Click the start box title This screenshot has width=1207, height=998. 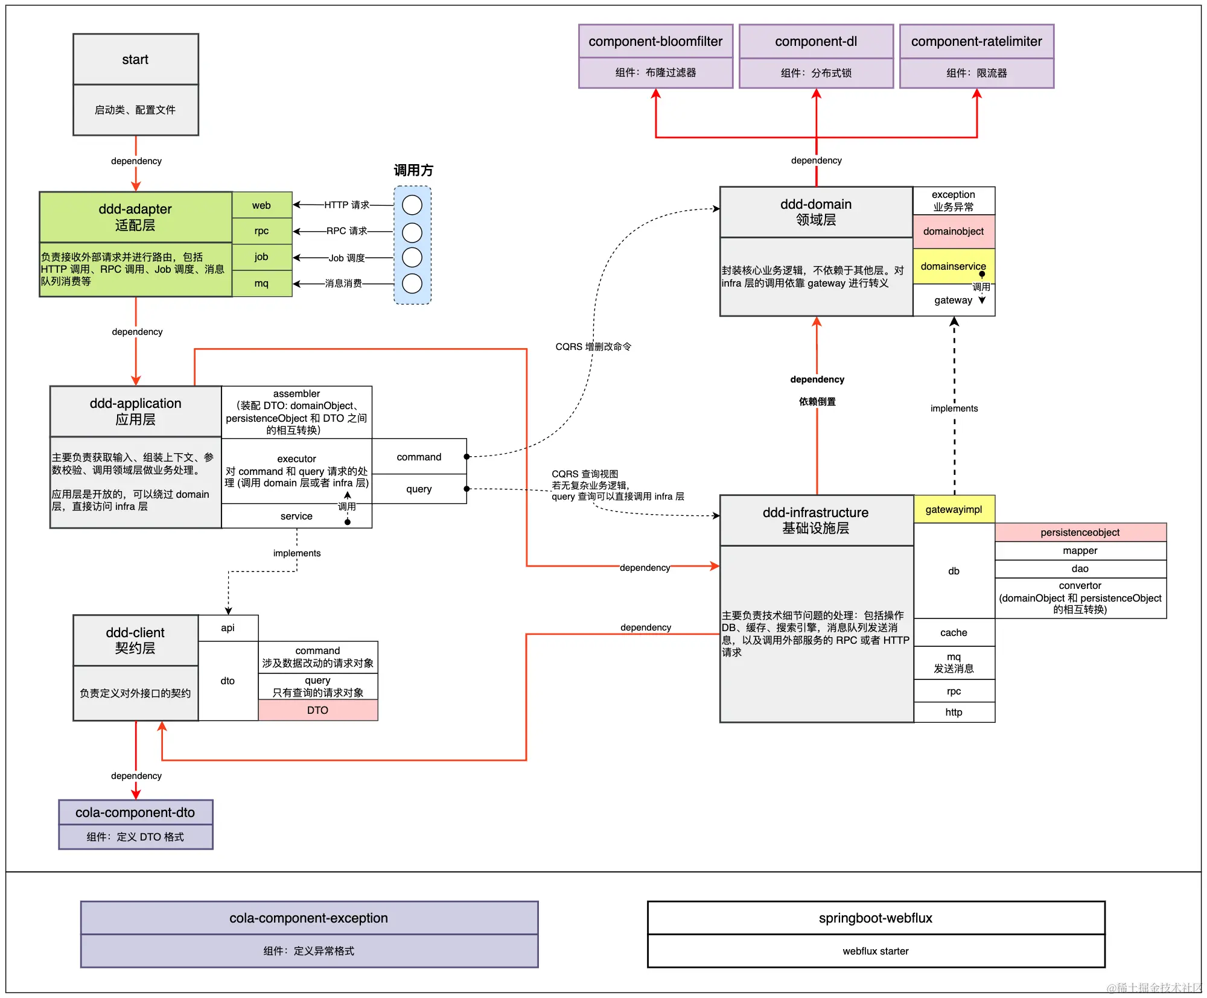pyautogui.click(x=136, y=59)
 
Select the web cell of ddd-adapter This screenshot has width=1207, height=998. pyautogui.click(x=262, y=205)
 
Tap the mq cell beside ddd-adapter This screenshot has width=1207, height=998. pyautogui.click(x=262, y=284)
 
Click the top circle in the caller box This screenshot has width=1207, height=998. pyautogui.click(x=412, y=205)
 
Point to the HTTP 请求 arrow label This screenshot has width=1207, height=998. pyautogui.click(x=347, y=205)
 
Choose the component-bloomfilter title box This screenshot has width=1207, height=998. pyautogui.click(x=656, y=42)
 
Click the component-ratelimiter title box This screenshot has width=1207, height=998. pyautogui.click(x=977, y=42)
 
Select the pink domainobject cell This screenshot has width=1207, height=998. pyautogui.click(x=954, y=231)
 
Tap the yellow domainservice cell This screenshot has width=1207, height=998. pyautogui.click(x=954, y=266)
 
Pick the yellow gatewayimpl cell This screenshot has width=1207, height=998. pyautogui.click(x=954, y=509)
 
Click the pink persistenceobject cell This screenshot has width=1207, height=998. pyautogui.click(x=1080, y=532)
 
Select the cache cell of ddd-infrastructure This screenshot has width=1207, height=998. pyautogui.click(x=954, y=632)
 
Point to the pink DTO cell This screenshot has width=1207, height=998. pyautogui.click(x=318, y=710)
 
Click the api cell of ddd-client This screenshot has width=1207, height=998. pyautogui.click(x=228, y=628)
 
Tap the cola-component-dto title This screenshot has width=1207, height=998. pyautogui.click(x=136, y=813)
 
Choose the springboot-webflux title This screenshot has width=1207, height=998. pyautogui.click(x=876, y=918)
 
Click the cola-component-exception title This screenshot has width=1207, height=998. pyautogui.click(x=309, y=918)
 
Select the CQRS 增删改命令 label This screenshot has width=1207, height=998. pyautogui.click(x=593, y=346)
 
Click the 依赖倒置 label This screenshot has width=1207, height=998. pyautogui.click(x=817, y=402)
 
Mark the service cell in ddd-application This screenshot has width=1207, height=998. pyautogui.click(x=297, y=516)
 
